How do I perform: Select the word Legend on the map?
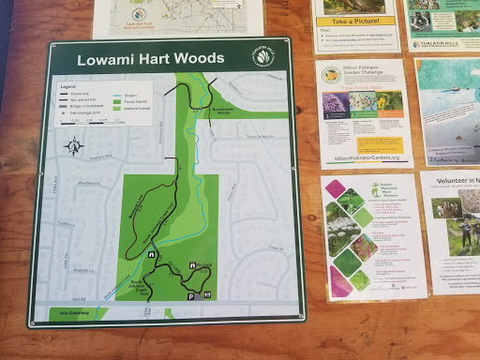(x=67, y=86)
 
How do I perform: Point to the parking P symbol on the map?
(x=191, y=295)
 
